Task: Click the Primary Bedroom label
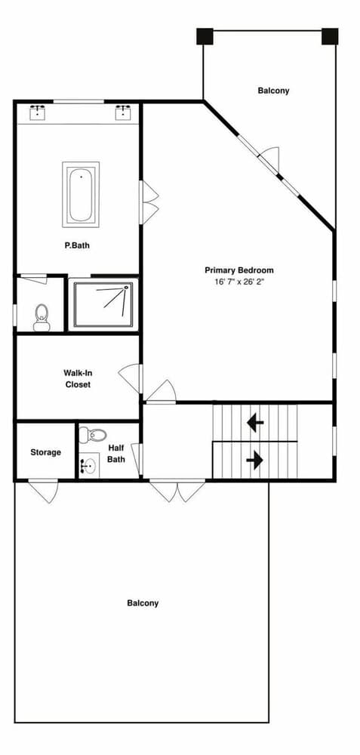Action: [238, 270]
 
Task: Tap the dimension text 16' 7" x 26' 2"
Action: [238, 282]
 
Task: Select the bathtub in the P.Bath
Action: [80, 194]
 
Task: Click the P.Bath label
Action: [78, 245]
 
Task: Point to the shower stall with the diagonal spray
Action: [103, 304]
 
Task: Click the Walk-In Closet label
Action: [77, 378]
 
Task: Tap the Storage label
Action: [45, 452]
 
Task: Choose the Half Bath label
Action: [115, 452]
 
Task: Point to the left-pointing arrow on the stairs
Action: [255, 423]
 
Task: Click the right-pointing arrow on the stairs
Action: [255, 459]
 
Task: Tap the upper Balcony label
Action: [273, 91]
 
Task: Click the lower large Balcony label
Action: [143, 602]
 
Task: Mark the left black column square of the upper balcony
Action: [205, 36]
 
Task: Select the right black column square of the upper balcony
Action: [329, 36]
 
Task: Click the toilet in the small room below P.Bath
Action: [42, 316]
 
